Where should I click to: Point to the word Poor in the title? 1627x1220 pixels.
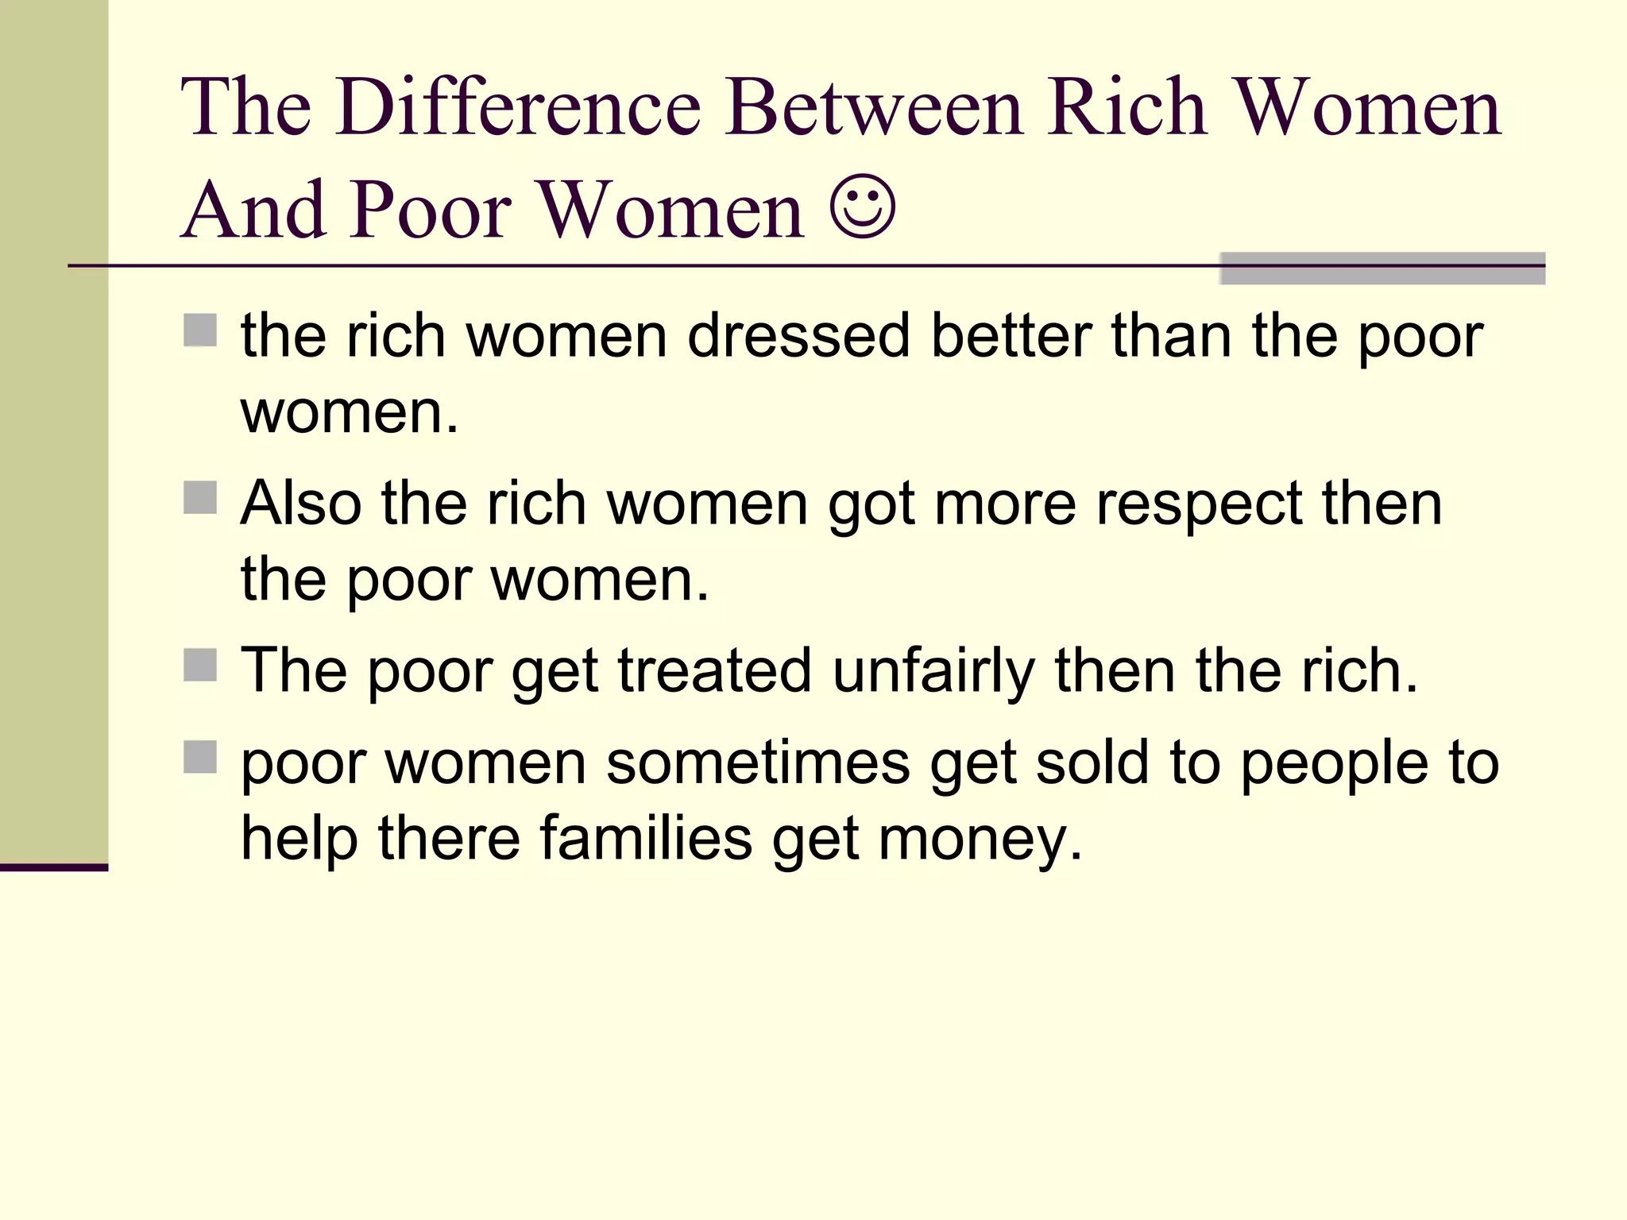(x=431, y=209)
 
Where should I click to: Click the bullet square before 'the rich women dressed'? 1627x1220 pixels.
(x=200, y=330)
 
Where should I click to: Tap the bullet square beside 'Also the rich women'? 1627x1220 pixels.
(x=200, y=498)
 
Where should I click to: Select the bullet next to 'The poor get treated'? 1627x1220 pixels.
(x=200, y=666)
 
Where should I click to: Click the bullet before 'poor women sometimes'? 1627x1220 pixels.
(x=200, y=757)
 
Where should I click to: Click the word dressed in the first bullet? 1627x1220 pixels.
(x=798, y=336)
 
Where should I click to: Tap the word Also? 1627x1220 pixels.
(x=301, y=504)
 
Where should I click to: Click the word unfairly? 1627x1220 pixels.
(x=933, y=671)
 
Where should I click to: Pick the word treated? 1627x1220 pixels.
(x=714, y=671)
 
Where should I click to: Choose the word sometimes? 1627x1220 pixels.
(x=758, y=762)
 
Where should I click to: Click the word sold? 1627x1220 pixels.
(x=1092, y=762)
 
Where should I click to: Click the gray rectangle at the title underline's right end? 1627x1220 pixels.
(x=1382, y=268)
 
